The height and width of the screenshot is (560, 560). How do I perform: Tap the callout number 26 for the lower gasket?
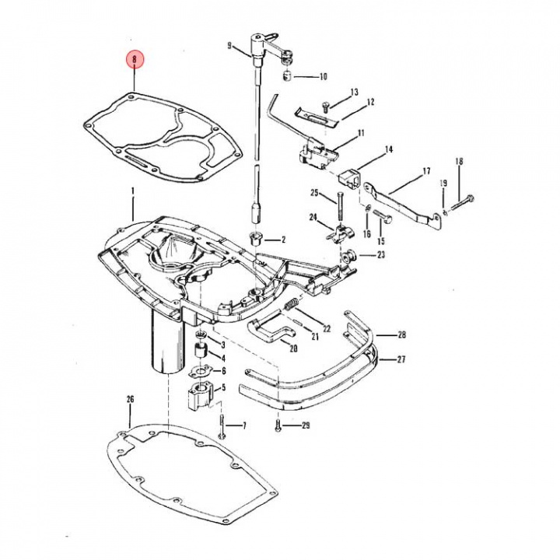click(x=130, y=400)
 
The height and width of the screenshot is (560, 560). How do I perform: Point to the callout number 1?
click(x=133, y=191)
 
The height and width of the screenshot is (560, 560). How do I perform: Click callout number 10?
click(x=323, y=76)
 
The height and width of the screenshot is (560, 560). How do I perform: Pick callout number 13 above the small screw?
click(x=355, y=93)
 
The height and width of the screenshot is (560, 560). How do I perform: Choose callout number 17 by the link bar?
click(x=425, y=170)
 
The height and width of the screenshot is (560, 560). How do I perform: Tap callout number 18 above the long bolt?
click(x=459, y=161)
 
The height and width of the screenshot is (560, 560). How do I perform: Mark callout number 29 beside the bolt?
click(x=306, y=425)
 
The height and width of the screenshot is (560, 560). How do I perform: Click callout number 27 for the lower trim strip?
click(x=401, y=359)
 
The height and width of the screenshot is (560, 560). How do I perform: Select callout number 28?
click(x=401, y=336)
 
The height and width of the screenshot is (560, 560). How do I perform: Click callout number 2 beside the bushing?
click(x=284, y=240)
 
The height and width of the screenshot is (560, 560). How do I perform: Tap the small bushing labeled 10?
click(x=288, y=75)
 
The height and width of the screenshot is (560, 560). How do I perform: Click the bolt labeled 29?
click(x=277, y=425)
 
